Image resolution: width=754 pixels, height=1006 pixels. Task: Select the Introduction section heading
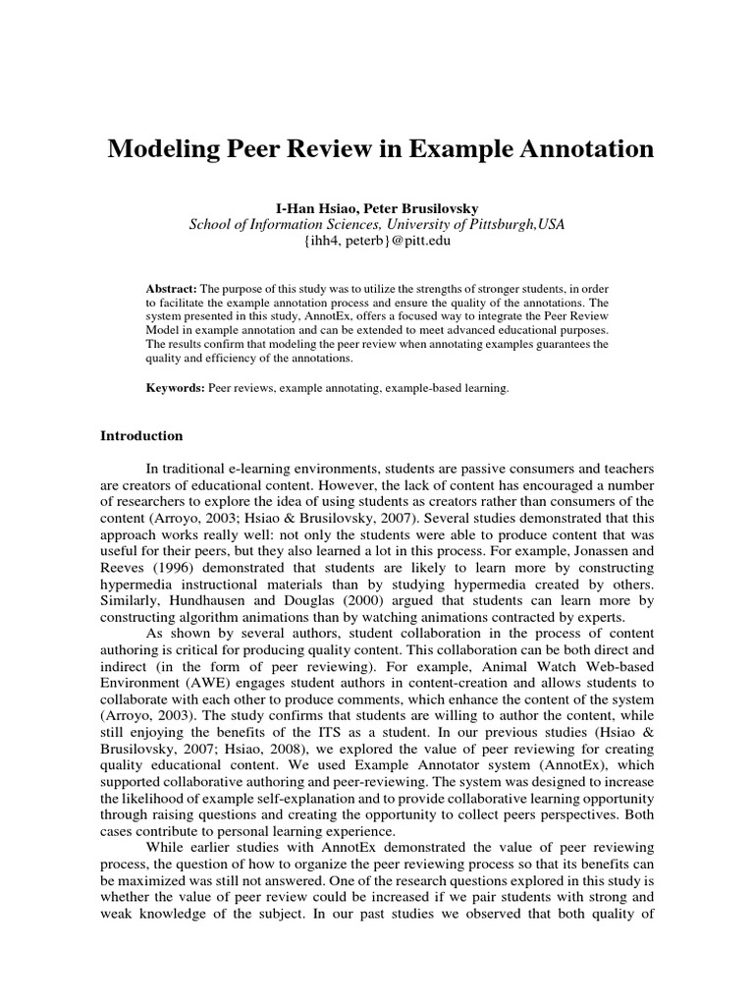(x=141, y=435)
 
